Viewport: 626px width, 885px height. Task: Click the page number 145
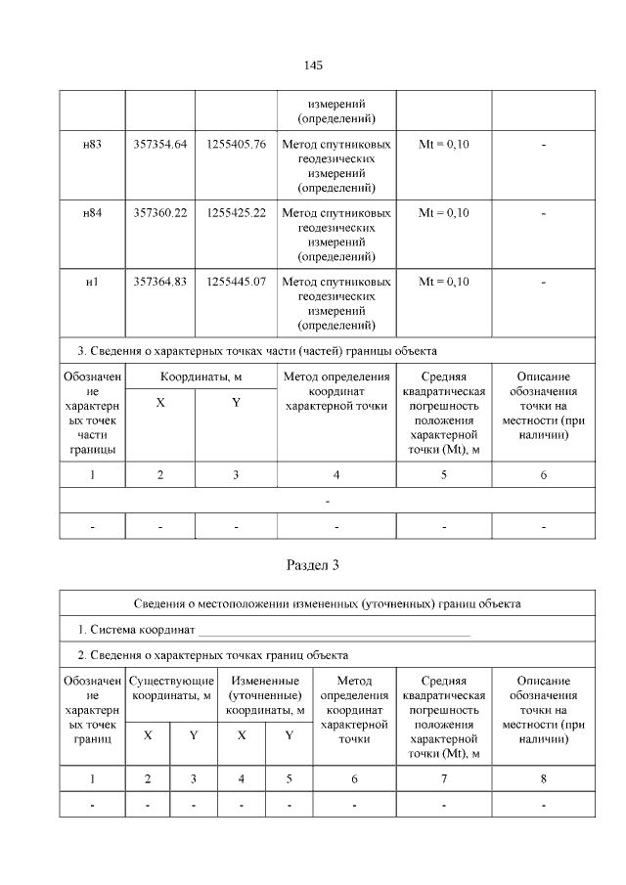pos(313,66)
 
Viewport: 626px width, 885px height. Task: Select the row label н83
pos(92,145)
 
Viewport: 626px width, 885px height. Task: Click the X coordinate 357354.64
pos(160,145)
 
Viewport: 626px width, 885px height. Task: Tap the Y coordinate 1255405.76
pos(236,145)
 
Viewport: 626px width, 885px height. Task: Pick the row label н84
pos(92,213)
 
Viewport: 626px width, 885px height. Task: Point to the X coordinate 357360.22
pos(160,213)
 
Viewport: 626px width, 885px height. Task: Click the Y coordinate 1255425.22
pos(236,213)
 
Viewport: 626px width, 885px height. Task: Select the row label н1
pos(92,282)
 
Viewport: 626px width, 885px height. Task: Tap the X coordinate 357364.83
pos(160,282)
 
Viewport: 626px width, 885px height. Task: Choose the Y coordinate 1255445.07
pos(236,282)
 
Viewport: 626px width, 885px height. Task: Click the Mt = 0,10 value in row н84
pos(443,213)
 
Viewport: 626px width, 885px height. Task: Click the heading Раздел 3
pos(313,565)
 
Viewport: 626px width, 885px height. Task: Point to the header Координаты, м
pos(201,376)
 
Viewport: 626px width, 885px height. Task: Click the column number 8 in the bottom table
pos(543,778)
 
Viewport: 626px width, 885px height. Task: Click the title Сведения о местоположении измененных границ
pos(328,603)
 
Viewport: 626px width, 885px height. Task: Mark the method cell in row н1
pos(336,303)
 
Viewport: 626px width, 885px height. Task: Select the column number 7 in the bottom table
pos(443,778)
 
